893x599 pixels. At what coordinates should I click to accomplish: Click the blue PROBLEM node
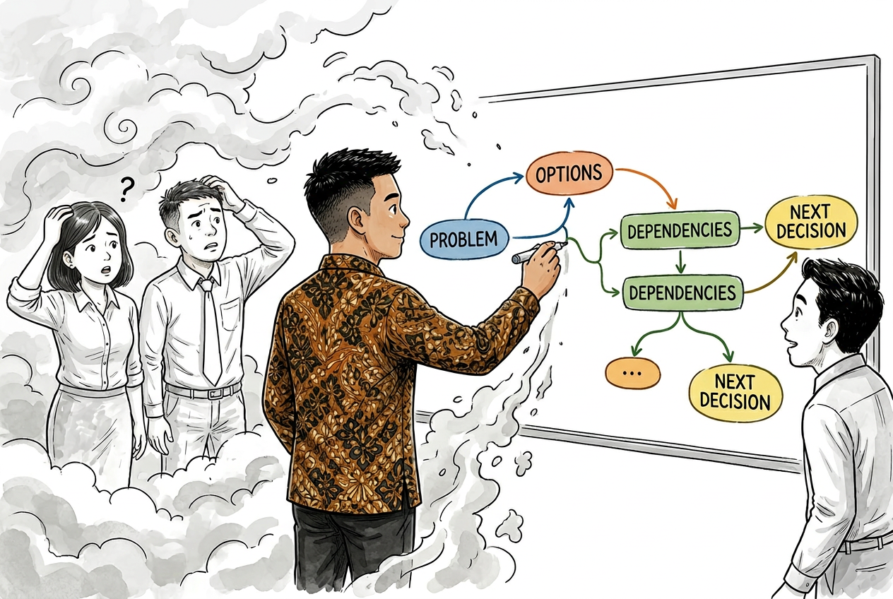(465, 239)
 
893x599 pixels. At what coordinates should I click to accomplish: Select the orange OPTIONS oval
(569, 173)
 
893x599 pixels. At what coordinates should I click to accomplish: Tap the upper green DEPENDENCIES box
(680, 230)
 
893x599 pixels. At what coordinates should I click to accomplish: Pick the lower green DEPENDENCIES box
(682, 292)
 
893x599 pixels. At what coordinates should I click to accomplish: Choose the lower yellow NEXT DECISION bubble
(735, 392)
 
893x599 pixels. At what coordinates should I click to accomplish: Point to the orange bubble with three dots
(633, 373)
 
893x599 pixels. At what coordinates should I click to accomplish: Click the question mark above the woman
(126, 188)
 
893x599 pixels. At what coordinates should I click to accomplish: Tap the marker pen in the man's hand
(539, 251)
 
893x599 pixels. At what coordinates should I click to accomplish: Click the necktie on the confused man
(210, 331)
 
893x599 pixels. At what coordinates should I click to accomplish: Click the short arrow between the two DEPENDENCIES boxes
(681, 262)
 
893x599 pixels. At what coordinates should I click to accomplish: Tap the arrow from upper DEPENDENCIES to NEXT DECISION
(752, 228)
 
